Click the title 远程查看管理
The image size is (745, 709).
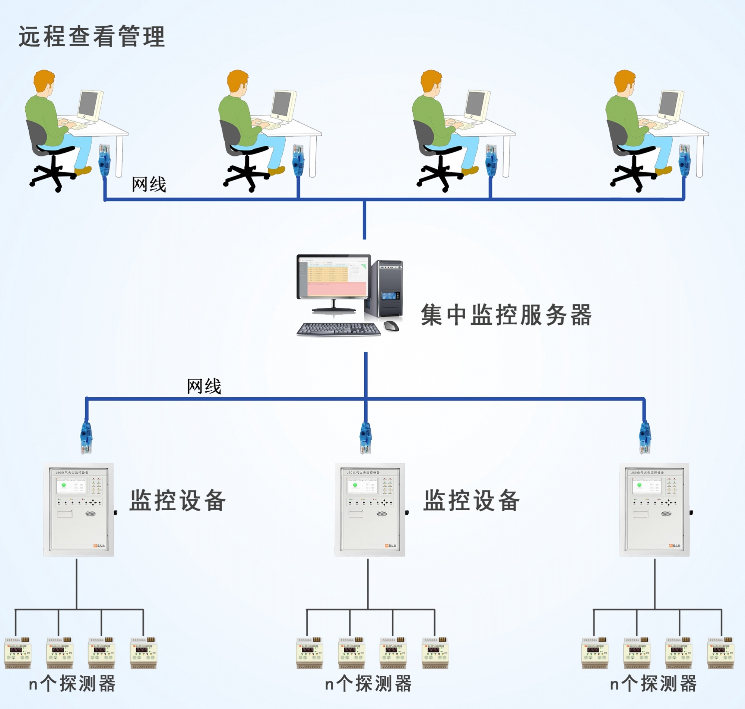92,36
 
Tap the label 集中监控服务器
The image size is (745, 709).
506,314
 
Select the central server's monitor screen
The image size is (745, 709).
333,276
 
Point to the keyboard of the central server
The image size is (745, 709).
338,329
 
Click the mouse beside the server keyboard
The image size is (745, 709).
391,325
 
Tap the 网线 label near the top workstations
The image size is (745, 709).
149,184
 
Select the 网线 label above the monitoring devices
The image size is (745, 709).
204,386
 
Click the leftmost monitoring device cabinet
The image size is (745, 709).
79,509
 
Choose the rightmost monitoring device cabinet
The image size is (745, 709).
654,509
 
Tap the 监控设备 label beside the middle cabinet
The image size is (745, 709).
471,500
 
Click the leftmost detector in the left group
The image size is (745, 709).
18,653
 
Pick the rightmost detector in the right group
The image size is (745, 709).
720,653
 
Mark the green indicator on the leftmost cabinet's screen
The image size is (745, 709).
63,485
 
